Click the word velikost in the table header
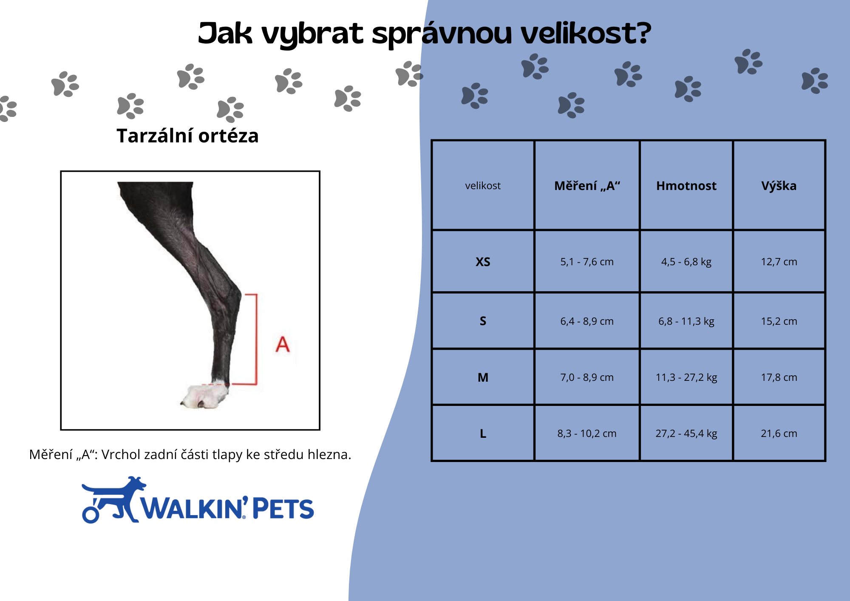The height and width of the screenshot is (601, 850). pyautogui.click(x=483, y=186)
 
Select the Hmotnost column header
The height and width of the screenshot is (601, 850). pyautogui.click(x=686, y=186)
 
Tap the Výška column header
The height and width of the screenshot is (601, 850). pyautogui.click(x=779, y=186)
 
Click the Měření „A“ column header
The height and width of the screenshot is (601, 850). pyautogui.click(x=587, y=186)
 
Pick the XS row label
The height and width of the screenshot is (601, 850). pyautogui.click(x=483, y=262)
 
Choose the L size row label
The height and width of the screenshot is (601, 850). pyautogui.click(x=483, y=434)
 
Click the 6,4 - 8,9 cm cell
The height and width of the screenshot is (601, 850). pyautogui.click(x=587, y=321)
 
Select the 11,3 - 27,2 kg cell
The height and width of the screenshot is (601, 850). pyautogui.click(x=686, y=377)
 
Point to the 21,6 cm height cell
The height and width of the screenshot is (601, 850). pyautogui.click(x=779, y=434)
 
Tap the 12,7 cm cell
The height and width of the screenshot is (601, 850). pyautogui.click(x=779, y=262)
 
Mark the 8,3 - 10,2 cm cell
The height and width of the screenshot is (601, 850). pyautogui.click(x=587, y=434)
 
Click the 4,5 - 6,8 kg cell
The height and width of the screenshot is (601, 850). pyautogui.click(x=686, y=262)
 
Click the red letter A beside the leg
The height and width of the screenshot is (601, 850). pyautogui.click(x=283, y=344)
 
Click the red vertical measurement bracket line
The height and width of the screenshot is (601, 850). pyautogui.click(x=256, y=339)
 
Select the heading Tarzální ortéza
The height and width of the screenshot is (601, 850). pyautogui.click(x=187, y=136)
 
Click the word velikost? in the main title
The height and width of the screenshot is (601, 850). pyautogui.click(x=586, y=33)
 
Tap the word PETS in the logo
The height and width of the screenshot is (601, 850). pyautogui.click(x=283, y=508)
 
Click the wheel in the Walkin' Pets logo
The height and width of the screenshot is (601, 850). pyautogui.click(x=91, y=514)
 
